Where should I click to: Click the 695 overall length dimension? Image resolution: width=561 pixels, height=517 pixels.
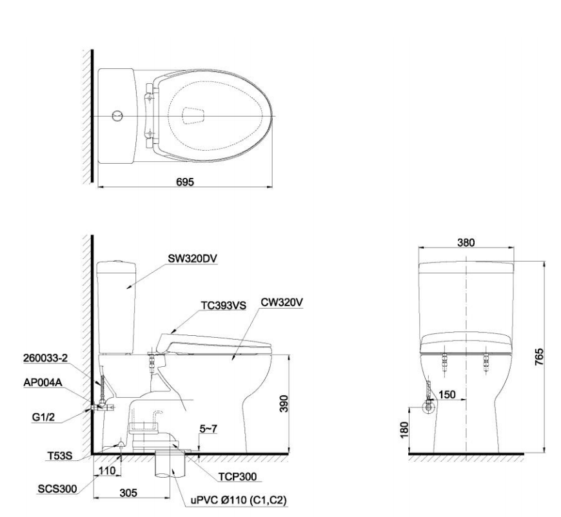point(186,182)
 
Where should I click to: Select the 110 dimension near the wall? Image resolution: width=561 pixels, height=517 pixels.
point(108,472)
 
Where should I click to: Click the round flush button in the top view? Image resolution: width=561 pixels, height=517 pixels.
point(117,116)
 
